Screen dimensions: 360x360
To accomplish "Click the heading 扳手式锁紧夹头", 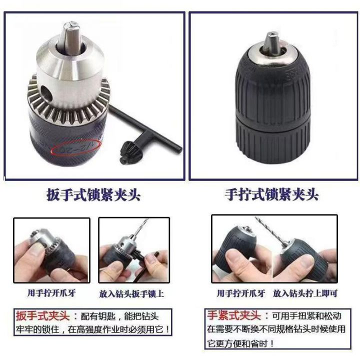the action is [93, 195].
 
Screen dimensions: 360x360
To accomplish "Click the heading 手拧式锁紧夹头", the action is [271, 195].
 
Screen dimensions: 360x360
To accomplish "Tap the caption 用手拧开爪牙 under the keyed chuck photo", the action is [51, 293].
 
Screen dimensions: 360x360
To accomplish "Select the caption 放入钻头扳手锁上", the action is [131, 294].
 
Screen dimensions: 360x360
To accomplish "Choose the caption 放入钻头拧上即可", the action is [305, 293].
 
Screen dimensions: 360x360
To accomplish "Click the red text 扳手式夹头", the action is [42, 315].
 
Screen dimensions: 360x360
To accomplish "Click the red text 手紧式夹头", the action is [233, 315].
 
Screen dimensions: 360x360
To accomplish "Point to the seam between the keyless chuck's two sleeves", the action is [272, 120].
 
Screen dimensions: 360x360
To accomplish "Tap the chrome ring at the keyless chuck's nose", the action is [273, 55].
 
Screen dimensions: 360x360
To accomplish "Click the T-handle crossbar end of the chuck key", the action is [181, 149].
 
